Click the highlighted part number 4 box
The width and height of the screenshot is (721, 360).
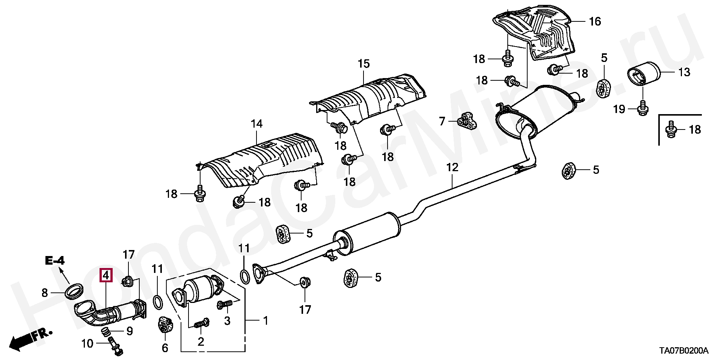tap(106, 276)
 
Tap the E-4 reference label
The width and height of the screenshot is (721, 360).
tap(55, 260)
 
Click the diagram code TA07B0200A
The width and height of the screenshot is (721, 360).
tap(684, 351)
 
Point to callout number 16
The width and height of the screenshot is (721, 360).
tap(595, 21)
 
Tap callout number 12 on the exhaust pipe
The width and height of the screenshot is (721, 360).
tap(452, 167)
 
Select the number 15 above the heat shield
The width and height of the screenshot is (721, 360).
tap(364, 64)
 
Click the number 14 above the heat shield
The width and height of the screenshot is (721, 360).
tap(257, 124)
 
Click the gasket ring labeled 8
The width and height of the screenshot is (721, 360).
tap(74, 291)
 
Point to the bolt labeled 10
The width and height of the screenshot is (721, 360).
tap(115, 345)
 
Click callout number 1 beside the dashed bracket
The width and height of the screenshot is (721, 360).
tap(265, 321)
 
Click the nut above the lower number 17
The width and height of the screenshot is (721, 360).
tap(304, 282)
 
